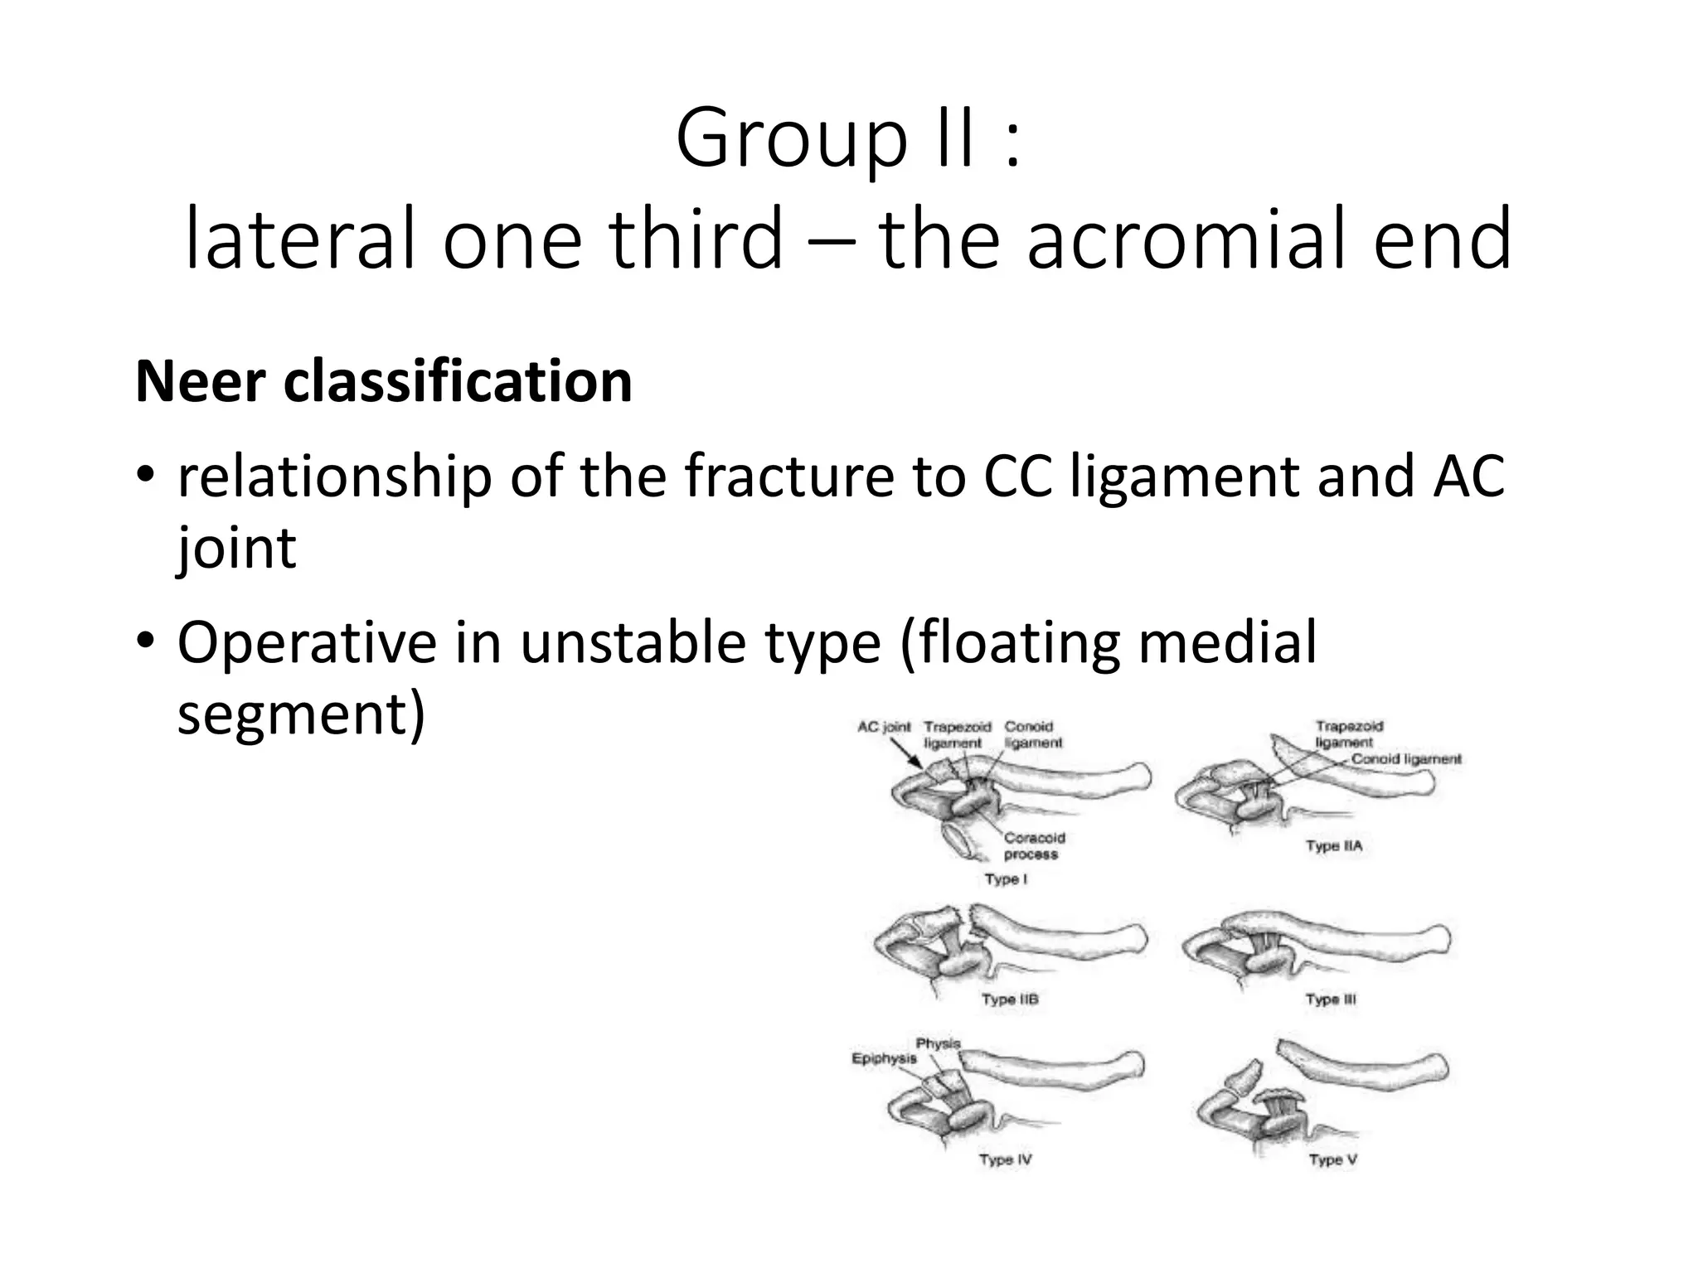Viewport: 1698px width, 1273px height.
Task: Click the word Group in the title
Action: click(792, 138)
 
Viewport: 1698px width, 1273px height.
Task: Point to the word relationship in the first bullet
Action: click(335, 477)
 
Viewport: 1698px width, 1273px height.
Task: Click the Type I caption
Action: click(1006, 879)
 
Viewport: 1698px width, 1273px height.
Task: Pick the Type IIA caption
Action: click(1334, 846)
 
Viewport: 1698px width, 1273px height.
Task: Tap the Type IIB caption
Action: click(1010, 1000)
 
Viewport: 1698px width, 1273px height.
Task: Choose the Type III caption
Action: click(1331, 1000)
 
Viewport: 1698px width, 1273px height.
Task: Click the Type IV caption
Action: click(1005, 1159)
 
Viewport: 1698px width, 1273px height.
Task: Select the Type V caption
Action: click(1332, 1159)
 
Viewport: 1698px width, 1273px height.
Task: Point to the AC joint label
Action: click(884, 727)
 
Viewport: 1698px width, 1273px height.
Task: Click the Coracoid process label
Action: click(1034, 846)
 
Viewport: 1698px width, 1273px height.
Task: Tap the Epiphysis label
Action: click(885, 1058)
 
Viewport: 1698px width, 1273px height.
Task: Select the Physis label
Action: click(938, 1043)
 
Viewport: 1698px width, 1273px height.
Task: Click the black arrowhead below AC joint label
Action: click(917, 762)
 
